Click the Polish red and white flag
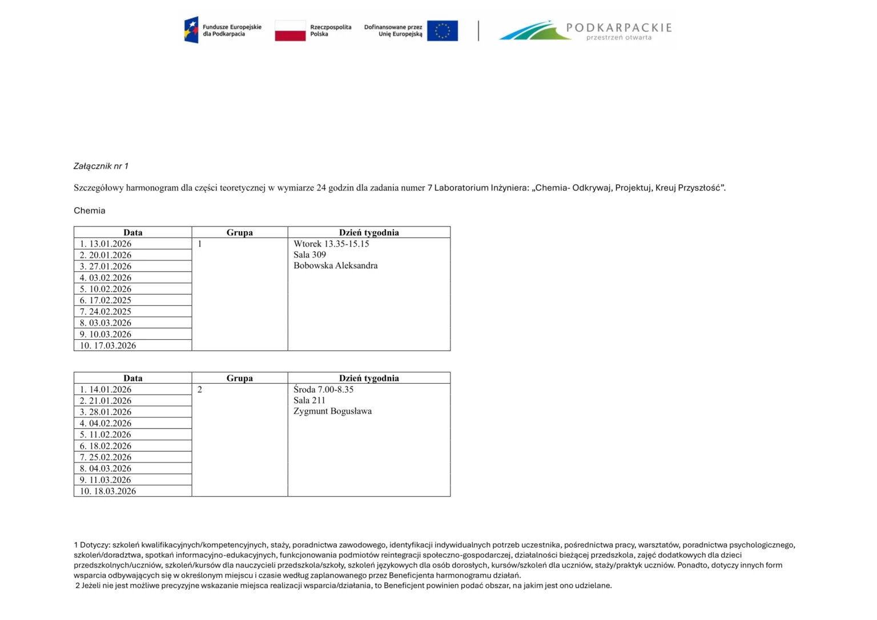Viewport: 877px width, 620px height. [x=290, y=31]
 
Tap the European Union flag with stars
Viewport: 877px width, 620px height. [x=442, y=31]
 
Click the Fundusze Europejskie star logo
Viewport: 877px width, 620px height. [x=191, y=30]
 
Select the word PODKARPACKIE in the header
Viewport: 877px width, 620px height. [x=619, y=28]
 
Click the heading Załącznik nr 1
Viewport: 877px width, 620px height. [x=101, y=166]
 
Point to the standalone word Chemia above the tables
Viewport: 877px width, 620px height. [x=90, y=211]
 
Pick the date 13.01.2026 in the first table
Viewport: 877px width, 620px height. [x=110, y=244]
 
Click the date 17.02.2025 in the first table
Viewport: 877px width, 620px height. [x=110, y=300]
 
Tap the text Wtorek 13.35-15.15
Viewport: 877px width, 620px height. [x=331, y=244]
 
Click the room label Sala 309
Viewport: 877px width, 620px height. [x=309, y=255]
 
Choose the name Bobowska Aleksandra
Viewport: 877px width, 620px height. [x=335, y=265]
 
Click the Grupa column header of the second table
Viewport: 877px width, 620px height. [x=239, y=378]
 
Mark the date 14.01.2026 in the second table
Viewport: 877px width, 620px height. [x=110, y=389]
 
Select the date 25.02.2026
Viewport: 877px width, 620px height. [x=110, y=457]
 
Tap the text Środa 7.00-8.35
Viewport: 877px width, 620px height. [x=323, y=389]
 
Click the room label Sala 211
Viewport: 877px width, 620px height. [x=309, y=400]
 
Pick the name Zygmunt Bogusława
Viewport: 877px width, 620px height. [x=332, y=411]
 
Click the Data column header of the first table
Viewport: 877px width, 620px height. [x=132, y=232]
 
